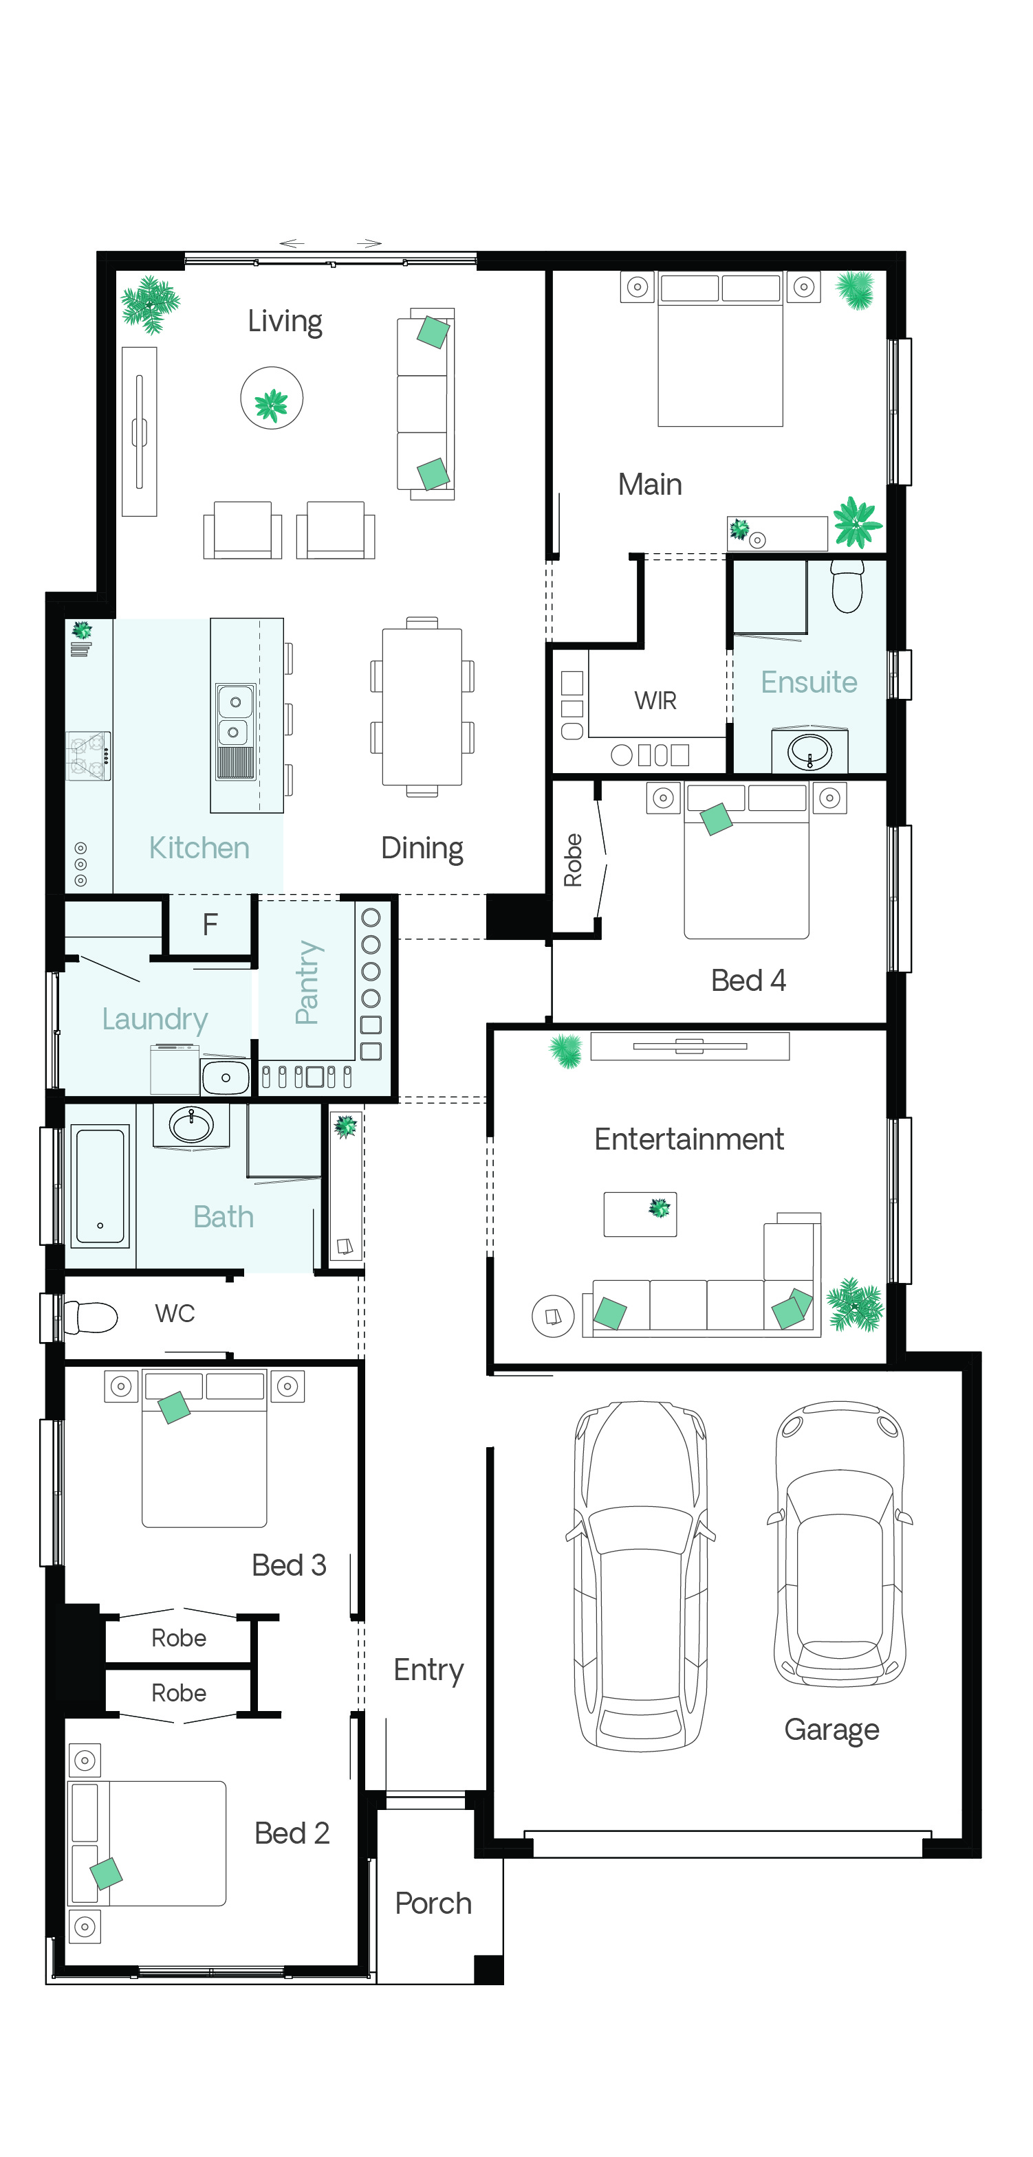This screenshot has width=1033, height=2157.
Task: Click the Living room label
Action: [284, 322]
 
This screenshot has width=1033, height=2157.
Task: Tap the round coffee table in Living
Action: [272, 398]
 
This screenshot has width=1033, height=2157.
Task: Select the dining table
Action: [422, 706]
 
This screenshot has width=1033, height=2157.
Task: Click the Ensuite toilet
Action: [847, 585]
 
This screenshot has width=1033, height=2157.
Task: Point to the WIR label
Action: [655, 700]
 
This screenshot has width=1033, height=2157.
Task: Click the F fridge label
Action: [210, 924]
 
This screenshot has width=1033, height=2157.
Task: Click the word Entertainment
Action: [688, 1139]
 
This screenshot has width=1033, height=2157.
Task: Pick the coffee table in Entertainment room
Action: [640, 1214]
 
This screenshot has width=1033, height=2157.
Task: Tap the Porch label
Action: [433, 1903]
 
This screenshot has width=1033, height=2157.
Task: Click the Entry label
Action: [428, 1670]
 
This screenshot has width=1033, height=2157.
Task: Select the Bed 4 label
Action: [748, 980]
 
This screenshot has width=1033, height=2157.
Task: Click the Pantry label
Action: [307, 982]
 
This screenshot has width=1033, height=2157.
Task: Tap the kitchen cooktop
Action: [88, 755]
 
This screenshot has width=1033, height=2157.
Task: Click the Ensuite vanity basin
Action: [809, 751]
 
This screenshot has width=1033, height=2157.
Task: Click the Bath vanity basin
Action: [192, 1125]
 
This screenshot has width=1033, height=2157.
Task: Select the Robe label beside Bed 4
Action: [573, 860]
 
